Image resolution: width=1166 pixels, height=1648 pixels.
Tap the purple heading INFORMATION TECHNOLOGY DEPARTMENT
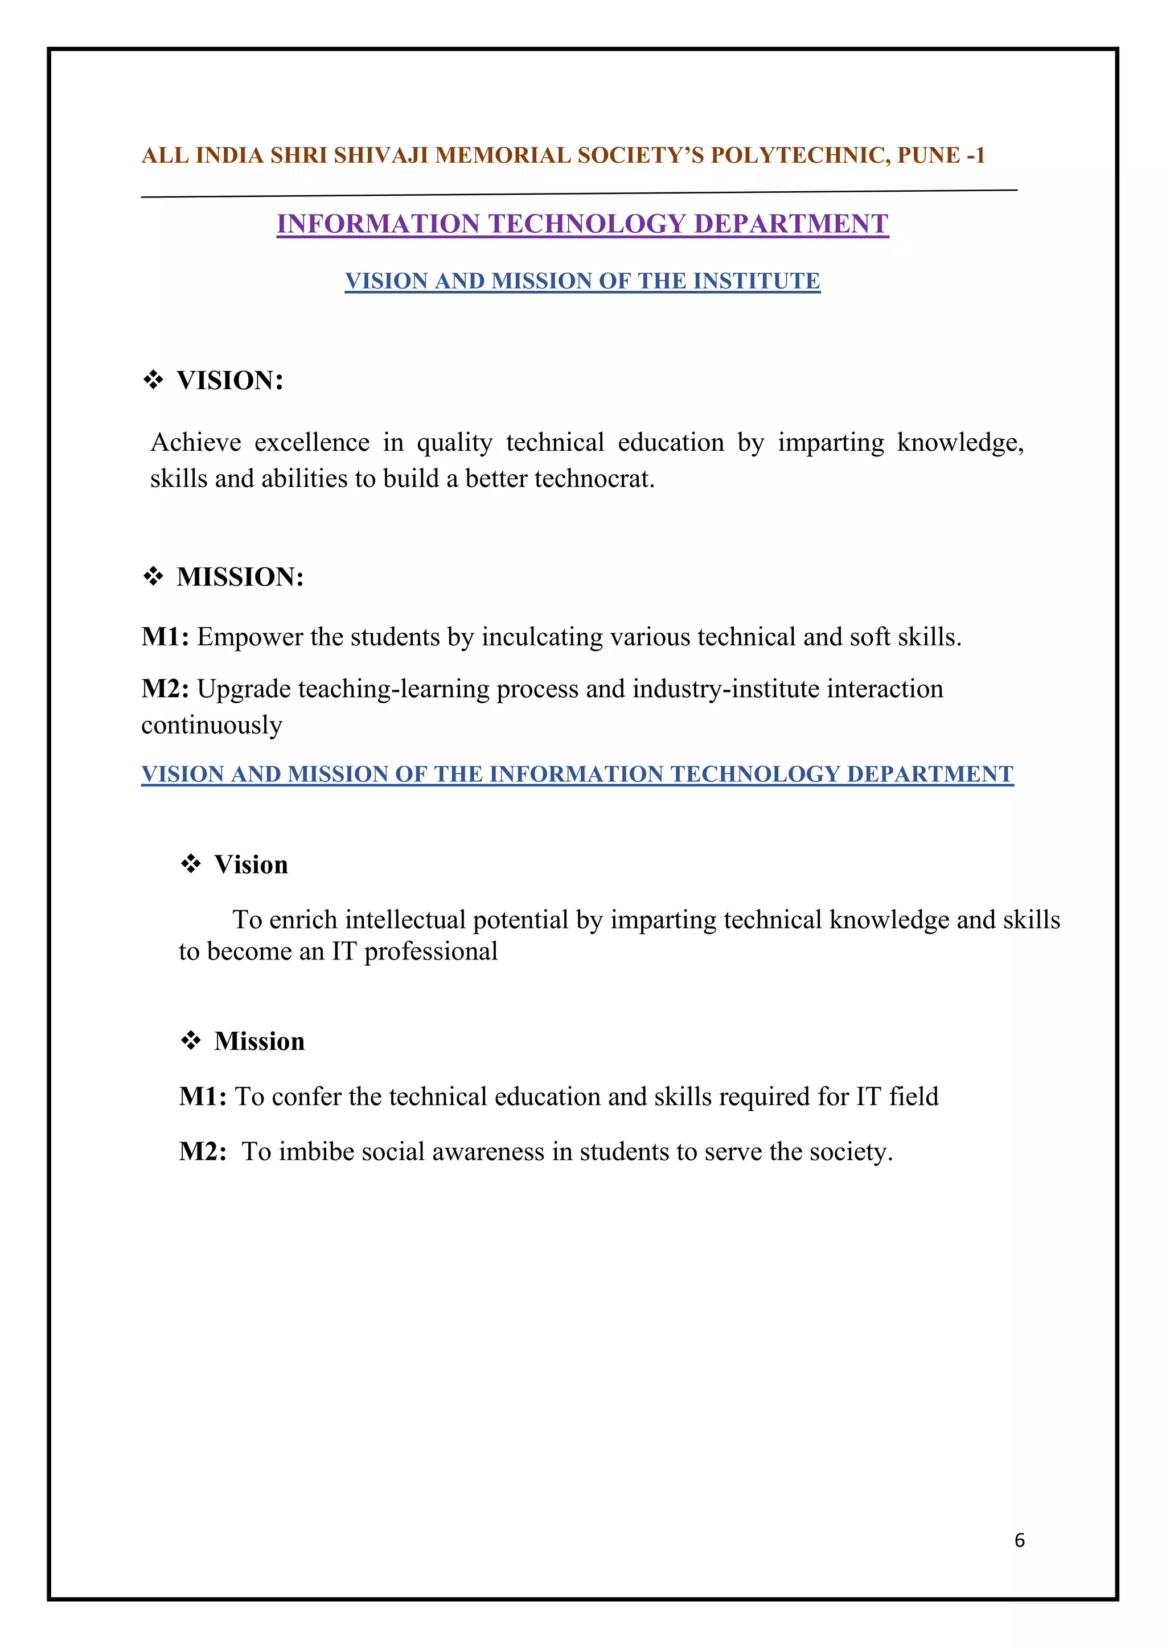tap(582, 224)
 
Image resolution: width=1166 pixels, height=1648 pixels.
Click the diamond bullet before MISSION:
tap(153, 576)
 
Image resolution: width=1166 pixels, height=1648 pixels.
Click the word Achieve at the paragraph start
tap(195, 442)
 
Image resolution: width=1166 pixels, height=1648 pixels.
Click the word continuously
tap(212, 725)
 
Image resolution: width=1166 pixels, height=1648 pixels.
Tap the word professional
tap(431, 952)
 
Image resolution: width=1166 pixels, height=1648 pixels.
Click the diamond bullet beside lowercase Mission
tap(190, 1040)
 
